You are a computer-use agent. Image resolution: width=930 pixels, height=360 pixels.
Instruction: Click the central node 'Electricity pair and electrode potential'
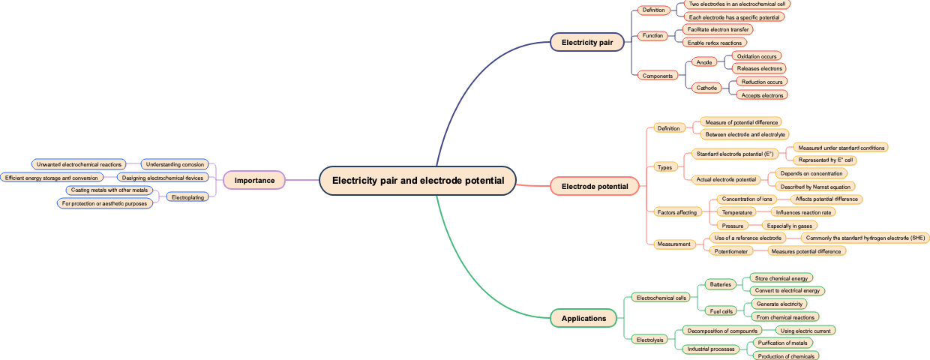[418, 181]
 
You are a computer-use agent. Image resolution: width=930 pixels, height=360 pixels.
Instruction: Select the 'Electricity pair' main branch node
[587, 43]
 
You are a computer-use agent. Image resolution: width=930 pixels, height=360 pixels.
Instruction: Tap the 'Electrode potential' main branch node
[595, 186]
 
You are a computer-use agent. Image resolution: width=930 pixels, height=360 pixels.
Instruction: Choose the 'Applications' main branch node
[583, 319]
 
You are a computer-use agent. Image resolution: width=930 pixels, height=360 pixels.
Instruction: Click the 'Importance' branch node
[254, 181]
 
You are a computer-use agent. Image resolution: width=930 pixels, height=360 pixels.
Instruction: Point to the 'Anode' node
[703, 62]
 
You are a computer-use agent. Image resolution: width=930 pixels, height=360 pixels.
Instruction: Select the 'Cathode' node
[706, 88]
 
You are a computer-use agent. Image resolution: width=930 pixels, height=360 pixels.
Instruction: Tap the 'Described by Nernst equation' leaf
[815, 187]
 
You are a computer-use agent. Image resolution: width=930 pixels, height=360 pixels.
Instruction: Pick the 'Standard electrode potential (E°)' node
[734, 154]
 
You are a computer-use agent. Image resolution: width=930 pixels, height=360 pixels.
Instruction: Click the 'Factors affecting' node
[676, 213]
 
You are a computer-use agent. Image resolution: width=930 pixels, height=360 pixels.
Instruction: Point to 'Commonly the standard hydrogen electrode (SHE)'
[865, 238]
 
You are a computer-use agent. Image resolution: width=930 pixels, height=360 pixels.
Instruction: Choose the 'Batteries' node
[720, 285]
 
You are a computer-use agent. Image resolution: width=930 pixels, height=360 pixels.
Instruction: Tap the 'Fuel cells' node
[721, 311]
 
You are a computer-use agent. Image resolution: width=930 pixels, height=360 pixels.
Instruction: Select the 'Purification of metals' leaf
[782, 343]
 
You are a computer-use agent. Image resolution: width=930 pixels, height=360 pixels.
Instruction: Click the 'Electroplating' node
[187, 197]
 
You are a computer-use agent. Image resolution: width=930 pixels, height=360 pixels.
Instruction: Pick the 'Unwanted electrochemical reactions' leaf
[79, 164]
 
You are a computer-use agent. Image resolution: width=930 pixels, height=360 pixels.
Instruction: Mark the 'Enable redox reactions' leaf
[714, 43]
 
